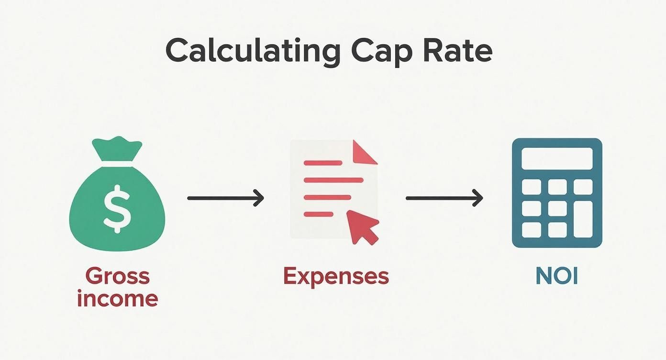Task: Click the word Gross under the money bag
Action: click(x=118, y=276)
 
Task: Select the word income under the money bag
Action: click(x=117, y=298)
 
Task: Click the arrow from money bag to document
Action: click(x=225, y=198)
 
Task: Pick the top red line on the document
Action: click(x=322, y=163)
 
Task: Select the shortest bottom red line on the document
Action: click(x=318, y=214)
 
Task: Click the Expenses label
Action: click(x=336, y=276)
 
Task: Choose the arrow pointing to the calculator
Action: click(x=444, y=198)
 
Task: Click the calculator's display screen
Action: click(x=557, y=158)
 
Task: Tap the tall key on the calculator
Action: click(x=583, y=219)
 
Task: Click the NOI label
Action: click(x=557, y=276)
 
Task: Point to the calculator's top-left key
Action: click(x=531, y=187)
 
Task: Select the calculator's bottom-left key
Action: click(x=531, y=230)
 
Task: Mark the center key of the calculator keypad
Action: click(x=557, y=208)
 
